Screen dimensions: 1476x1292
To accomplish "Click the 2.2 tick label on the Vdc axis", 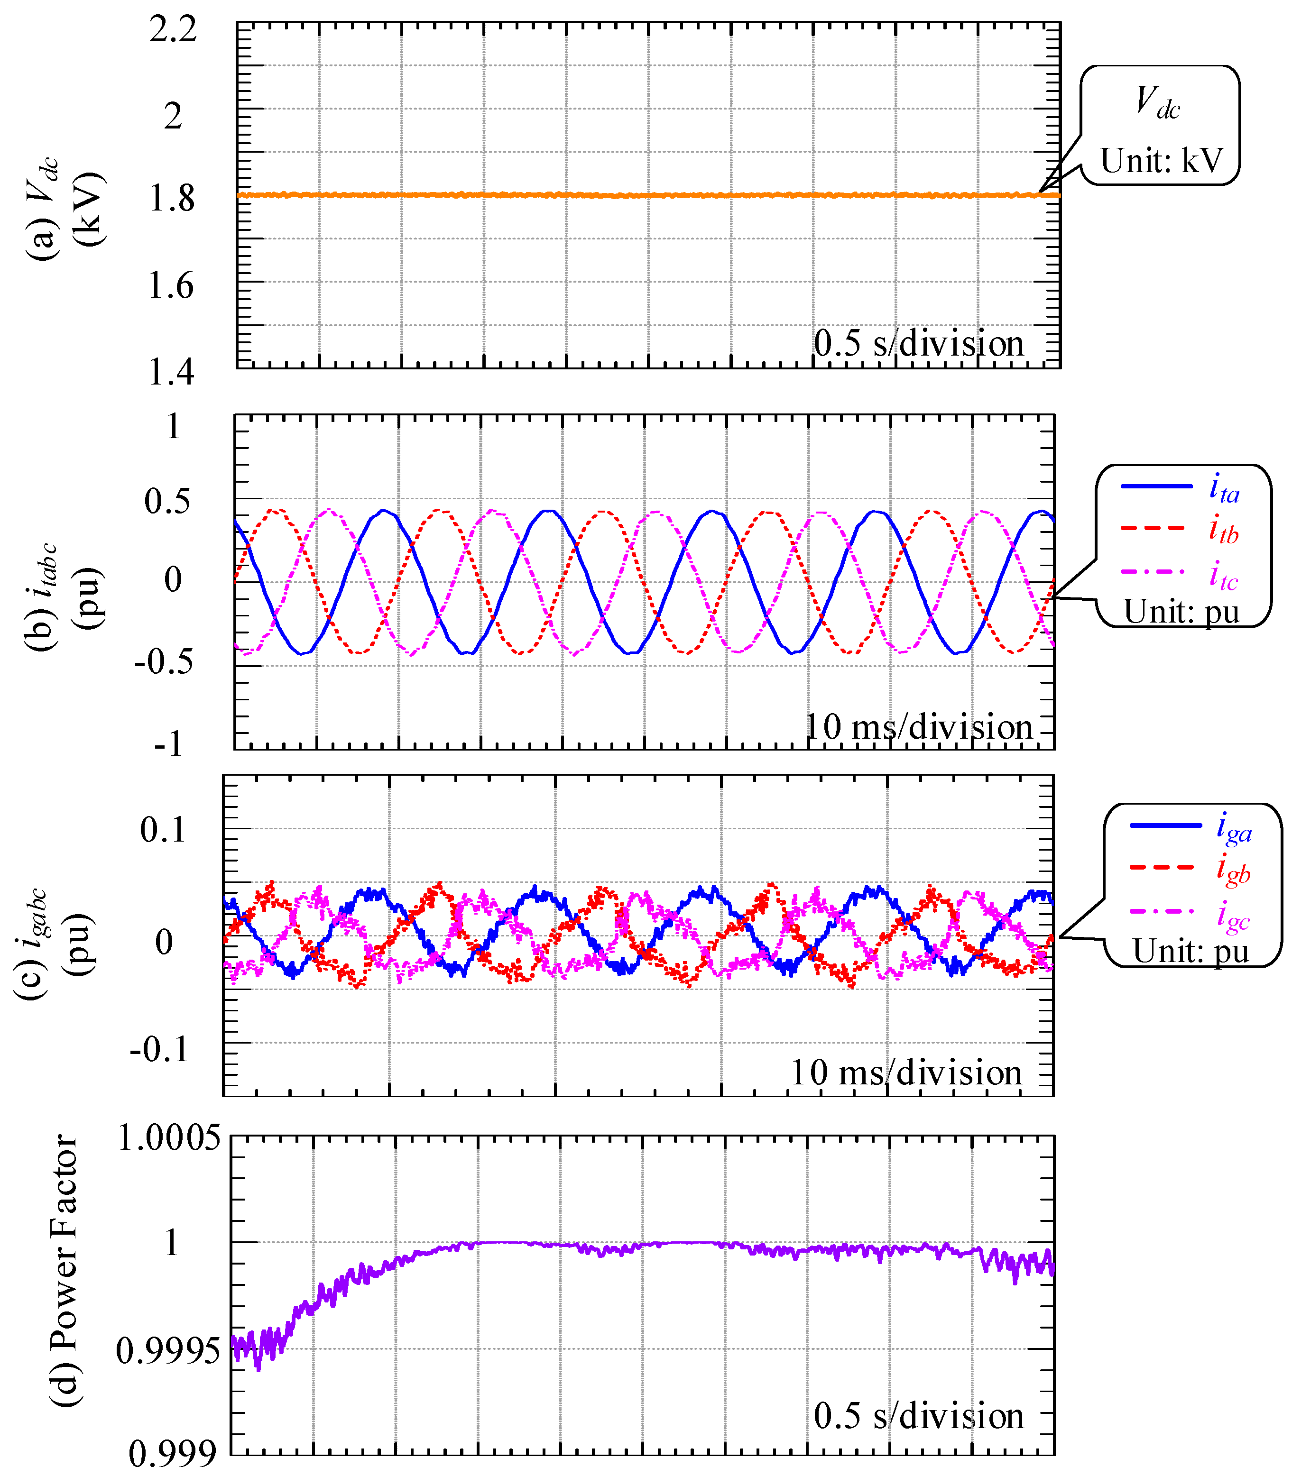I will click(173, 30).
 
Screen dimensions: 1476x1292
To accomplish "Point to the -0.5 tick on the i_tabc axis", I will click(165, 661).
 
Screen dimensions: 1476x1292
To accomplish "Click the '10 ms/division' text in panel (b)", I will click(919, 726).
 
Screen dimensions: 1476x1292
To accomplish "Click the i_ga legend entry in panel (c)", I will click(1234, 829).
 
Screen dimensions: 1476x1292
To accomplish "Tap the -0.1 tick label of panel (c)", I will click(160, 1049).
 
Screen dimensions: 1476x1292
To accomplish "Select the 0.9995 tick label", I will click(168, 1351).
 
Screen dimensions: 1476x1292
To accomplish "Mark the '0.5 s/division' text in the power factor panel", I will click(919, 1416).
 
